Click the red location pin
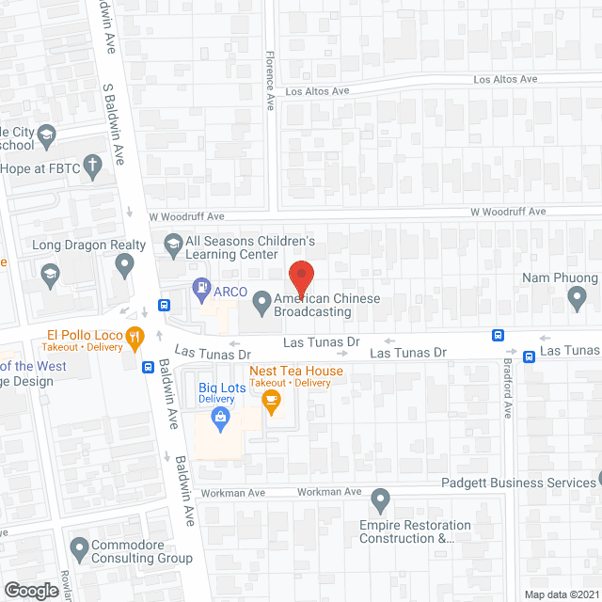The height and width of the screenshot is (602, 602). [x=301, y=278]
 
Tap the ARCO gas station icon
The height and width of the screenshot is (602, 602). [x=200, y=287]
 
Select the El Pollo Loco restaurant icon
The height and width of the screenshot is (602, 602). [x=135, y=335]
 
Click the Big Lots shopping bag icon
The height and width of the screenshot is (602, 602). [x=221, y=417]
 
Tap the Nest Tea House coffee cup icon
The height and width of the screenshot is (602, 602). [x=271, y=402]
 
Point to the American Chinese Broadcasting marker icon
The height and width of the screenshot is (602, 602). [x=261, y=303]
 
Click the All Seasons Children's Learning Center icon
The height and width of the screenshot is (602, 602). [x=172, y=246]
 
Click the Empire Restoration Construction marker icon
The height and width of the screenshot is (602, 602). [x=380, y=498]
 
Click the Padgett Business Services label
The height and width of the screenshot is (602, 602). [x=517, y=483]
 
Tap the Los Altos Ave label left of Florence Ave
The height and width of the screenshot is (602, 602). [x=317, y=91]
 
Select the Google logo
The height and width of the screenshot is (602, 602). [x=30, y=591]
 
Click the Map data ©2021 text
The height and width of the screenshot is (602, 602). [x=561, y=594]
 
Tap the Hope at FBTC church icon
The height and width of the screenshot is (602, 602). [x=92, y=167]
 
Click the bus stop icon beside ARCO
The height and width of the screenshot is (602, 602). [x=164, y=304]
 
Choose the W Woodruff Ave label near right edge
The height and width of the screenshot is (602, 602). [x=508, y=213]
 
